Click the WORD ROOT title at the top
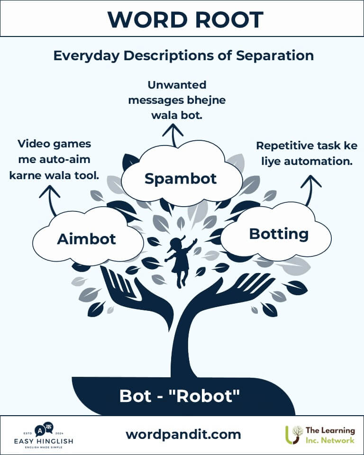coord(185,20)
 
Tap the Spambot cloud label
coord(181,179)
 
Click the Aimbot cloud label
coord(86,239)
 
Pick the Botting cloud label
coord(279,234)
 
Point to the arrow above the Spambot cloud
coord(173,135)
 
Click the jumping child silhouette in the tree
coord(180,261)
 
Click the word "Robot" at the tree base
coord(207,396)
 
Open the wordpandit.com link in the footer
coord(183,434)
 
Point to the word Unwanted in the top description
coord(177,85)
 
